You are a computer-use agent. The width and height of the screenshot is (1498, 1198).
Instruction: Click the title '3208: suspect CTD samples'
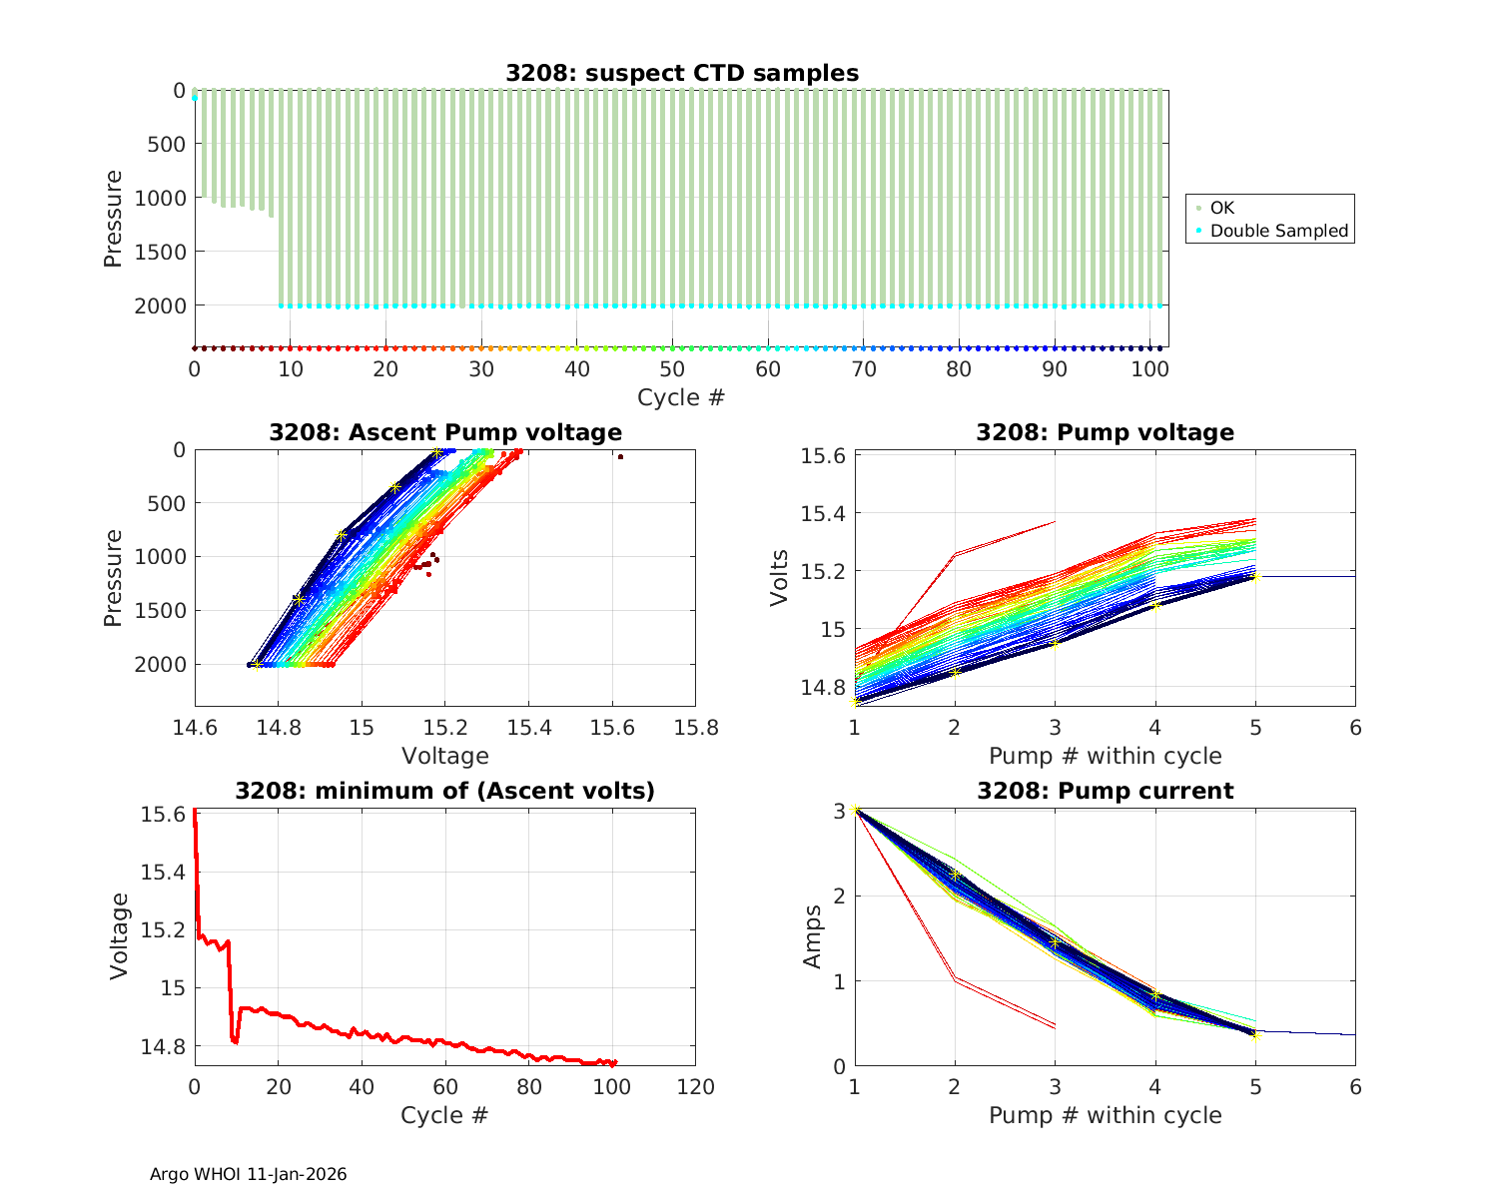click(681, 73)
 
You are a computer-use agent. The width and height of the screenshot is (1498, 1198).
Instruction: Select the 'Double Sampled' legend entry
click(1278, 231)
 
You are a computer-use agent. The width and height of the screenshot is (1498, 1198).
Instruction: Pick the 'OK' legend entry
click(1222, 208)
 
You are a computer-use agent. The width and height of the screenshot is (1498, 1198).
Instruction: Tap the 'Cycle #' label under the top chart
click(681, 397)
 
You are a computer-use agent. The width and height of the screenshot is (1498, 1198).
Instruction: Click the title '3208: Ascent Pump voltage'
click(445, 432)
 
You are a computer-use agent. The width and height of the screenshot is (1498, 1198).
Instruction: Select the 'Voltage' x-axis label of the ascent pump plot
click(445, 756)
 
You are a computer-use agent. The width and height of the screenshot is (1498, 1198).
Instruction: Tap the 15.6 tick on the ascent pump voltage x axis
click(612, 728)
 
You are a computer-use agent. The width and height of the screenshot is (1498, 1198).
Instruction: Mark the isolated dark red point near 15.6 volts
click(620, 457)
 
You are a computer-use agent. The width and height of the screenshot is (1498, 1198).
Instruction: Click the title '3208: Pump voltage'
click(1105, 432)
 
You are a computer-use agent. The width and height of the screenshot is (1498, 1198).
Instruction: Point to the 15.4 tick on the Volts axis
click(824, 513)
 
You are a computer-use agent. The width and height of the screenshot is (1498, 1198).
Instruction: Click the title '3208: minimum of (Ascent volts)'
click(445, 792)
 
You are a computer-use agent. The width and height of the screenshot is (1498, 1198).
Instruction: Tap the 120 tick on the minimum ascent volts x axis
click(695, 1087)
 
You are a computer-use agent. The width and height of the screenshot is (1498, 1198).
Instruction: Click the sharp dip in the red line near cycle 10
click(235, 1041)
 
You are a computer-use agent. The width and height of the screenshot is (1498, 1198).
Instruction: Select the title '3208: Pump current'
click(1105, 792)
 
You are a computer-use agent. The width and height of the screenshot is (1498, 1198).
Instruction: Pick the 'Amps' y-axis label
click(814, 936)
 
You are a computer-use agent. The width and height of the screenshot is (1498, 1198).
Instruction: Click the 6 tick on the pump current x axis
click(1355, 1087)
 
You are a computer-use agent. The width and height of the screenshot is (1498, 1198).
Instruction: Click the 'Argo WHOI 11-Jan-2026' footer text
click(248, 1174)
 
